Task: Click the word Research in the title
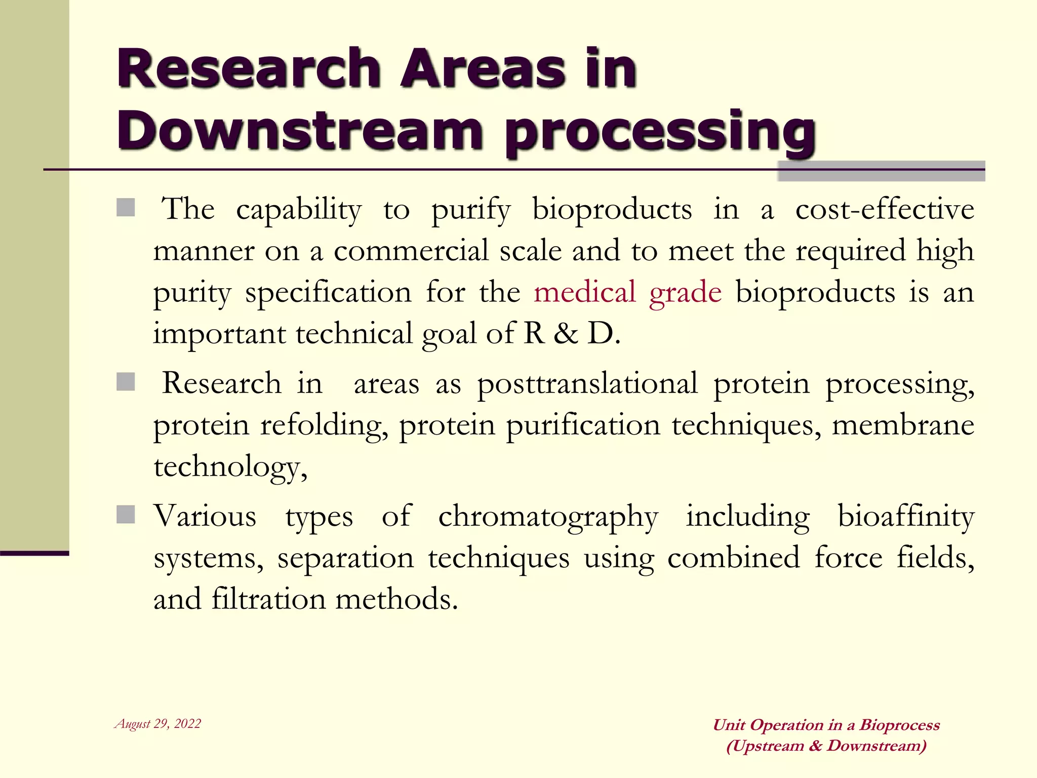249,68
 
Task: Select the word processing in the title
660,133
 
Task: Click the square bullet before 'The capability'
126,208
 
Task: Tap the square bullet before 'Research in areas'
126,382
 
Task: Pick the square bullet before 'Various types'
126,515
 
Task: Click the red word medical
584,292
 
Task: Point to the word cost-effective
884,209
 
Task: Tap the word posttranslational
587,384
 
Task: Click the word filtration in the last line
268,599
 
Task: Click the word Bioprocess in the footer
899,725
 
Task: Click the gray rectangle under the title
881,171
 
